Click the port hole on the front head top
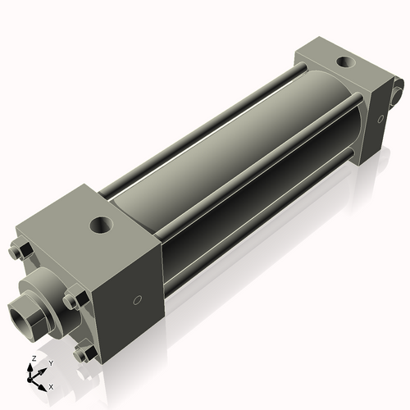click(102, 222)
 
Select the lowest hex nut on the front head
click(82, 353)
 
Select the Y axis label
click(50, 362)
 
